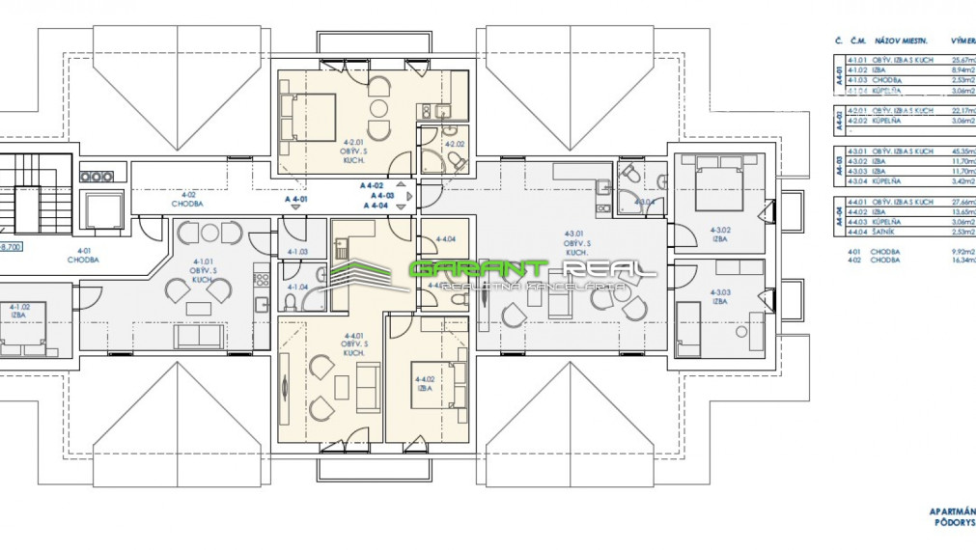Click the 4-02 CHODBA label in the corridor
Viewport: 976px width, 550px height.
coord(186,204)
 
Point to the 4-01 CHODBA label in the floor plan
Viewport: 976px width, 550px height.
coord(85,256)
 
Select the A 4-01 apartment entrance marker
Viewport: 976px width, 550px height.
coord(297,198)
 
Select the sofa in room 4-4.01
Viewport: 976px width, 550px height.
coord(368,388)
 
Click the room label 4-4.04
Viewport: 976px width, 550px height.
coord(445,238)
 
